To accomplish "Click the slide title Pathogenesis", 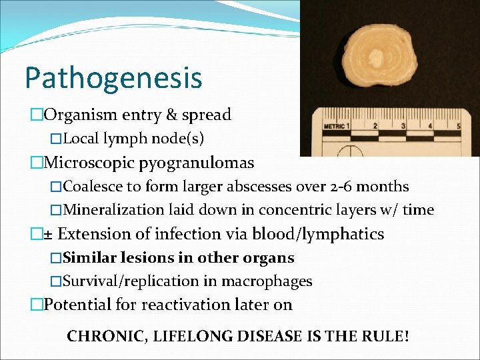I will point(113,77).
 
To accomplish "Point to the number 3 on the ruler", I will point(403,125).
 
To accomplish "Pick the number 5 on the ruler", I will point(458,125).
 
